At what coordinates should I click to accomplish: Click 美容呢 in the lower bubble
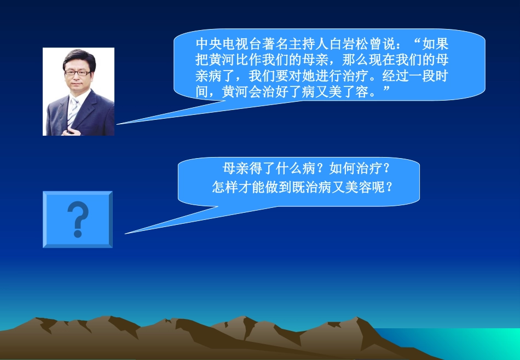[x=366, y=187]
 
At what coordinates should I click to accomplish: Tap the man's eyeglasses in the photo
[x=77, y=72]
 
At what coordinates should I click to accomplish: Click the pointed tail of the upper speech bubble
[x=131, y=121]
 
